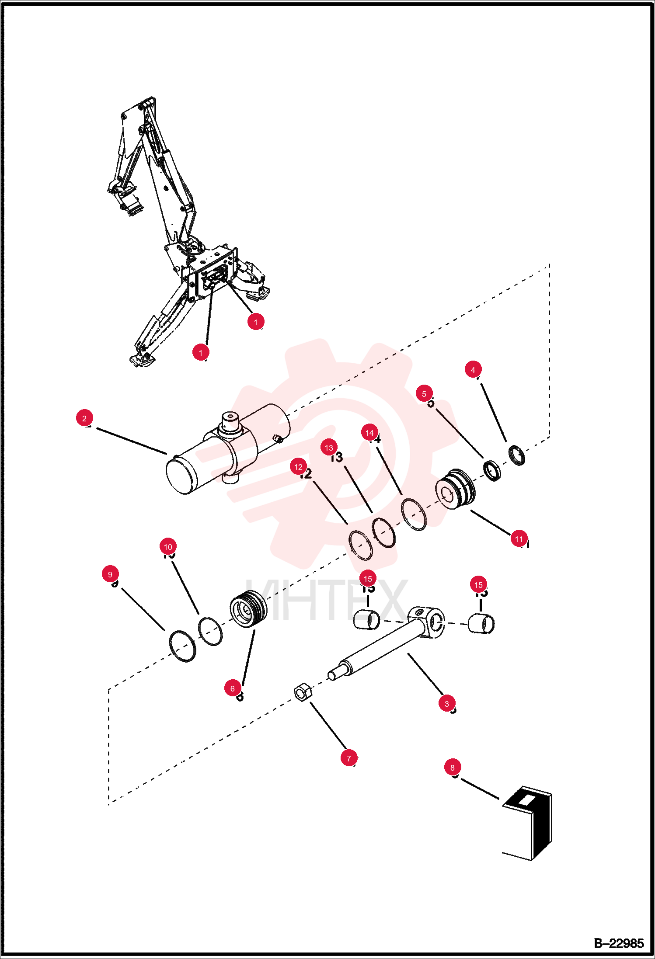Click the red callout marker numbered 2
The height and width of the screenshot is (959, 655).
click(x=84, y=418)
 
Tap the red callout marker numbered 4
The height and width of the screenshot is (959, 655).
click(x=473, y=369)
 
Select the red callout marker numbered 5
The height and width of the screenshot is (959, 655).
click(x=424, y=393)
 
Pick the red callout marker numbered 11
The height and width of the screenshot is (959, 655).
click(x=519, y=539)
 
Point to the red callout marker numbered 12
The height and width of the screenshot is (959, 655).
click(x=299, y=467)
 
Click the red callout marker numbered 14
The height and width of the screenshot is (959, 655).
click(x=369, y=433)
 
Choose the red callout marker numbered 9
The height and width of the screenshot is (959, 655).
click(x=110, y=574)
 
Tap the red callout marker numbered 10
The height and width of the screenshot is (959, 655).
click(x=168, y=546)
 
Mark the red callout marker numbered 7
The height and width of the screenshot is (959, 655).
click(x=348, y=758)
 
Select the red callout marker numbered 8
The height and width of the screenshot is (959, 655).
click(x=453, y=767)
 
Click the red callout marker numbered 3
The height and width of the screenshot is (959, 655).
click(x=446, y=703)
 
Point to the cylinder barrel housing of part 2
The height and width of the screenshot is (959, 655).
click(x=227, y=450)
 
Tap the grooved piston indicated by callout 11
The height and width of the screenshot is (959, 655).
click(x=456, y=490)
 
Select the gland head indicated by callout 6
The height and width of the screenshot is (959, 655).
click(x=248, y=608)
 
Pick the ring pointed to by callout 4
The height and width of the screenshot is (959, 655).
click(x=517, y=455)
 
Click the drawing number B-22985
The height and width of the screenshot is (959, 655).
click(x=618, y=943)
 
